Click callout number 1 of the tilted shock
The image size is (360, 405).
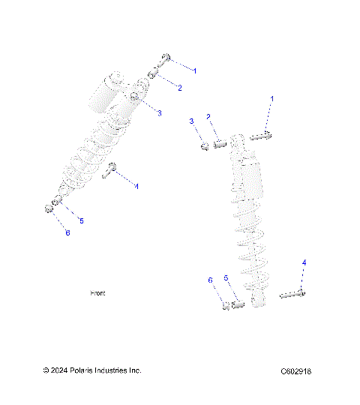[196, 70]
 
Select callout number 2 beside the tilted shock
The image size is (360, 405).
[179, 88]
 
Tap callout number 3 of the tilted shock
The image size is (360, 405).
[160, 112]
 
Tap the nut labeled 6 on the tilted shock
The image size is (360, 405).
[48, 208]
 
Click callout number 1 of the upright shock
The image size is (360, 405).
[272, 99]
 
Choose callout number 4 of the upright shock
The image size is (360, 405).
[304, 262]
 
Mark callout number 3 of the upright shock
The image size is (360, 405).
[191, 121]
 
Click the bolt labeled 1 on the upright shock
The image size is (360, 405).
[259, 136]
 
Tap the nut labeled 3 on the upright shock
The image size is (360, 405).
[204, 145]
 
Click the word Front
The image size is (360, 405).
[97, 293]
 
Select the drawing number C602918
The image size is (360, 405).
[296, 371]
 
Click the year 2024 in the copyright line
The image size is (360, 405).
[62, 370]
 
